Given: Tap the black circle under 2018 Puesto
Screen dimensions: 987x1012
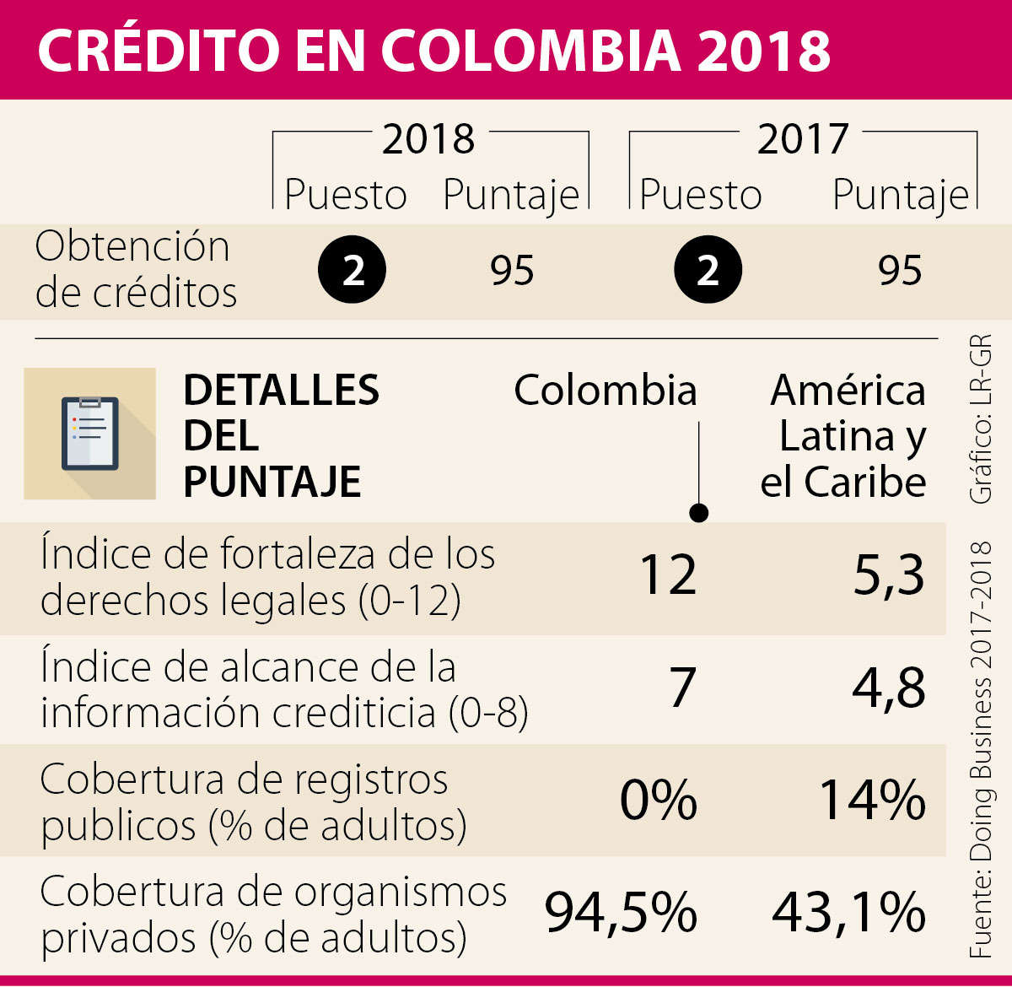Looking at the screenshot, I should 352,271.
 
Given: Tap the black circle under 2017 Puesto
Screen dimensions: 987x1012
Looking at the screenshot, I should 708,271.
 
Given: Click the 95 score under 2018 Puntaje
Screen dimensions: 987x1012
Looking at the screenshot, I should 512,271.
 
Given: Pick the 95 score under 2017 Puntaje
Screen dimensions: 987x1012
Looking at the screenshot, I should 900,271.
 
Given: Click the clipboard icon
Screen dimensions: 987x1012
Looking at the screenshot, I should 90,434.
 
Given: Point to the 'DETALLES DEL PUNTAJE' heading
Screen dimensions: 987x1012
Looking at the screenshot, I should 281,436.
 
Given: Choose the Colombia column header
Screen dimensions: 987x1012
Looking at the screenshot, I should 606,391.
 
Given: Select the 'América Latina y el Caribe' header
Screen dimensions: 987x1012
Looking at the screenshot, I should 846,436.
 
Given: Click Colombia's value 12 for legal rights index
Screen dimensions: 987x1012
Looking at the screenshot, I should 668,577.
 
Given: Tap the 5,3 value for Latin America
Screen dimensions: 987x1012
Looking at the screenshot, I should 889,577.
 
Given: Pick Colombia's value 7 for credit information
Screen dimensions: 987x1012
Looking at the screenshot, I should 682,688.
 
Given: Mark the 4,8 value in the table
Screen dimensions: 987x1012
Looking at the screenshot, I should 889,688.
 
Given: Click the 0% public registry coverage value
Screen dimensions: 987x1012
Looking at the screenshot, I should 659,800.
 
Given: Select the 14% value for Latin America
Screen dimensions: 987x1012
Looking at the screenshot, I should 872,800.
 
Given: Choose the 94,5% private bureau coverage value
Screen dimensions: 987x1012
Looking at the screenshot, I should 621,913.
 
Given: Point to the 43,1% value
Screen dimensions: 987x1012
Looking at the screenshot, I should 848,913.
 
